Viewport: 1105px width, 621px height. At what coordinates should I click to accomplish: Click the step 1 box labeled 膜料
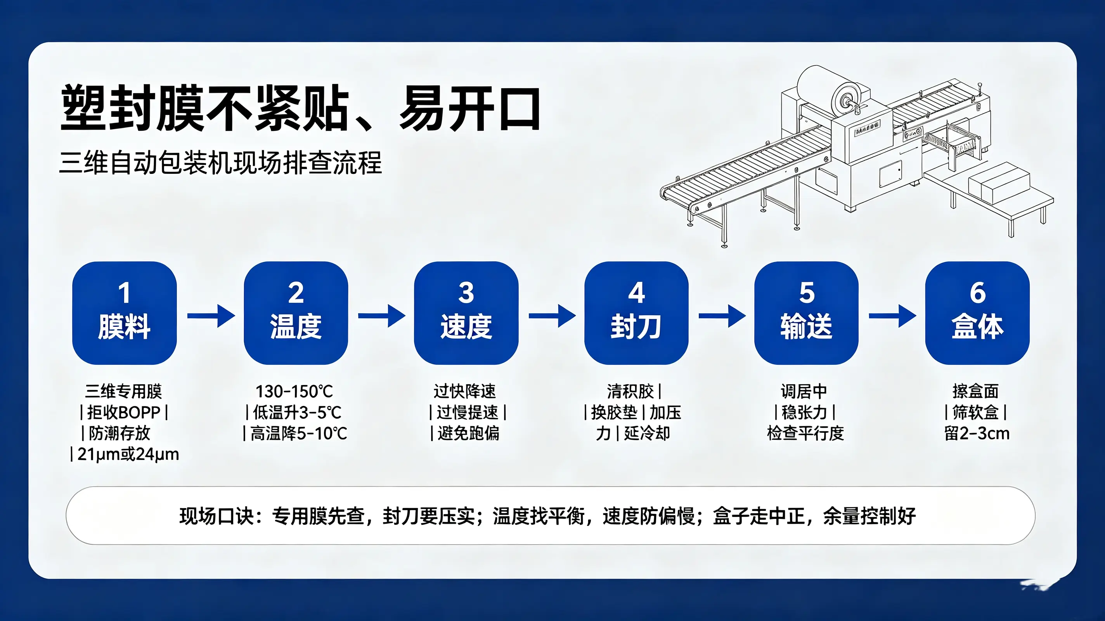(x=125, y=313)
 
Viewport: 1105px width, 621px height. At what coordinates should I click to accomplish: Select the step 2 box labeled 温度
(x=296, y=313)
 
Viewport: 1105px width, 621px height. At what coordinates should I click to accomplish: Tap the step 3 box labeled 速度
(x=466, y=313)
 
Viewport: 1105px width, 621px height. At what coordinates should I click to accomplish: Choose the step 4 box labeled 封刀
(x=636, y=313)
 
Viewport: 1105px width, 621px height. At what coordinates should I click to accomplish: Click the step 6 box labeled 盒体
(x=977, y=313)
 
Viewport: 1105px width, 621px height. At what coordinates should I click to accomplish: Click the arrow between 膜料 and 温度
(x=211, y=316)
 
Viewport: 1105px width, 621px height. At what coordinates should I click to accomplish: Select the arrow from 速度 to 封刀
(x=552, y=316)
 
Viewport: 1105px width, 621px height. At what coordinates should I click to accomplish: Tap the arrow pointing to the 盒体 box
(x=893, y=316)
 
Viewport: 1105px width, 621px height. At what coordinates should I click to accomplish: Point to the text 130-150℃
(x=294, y=391)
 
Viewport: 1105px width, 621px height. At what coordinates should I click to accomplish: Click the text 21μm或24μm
(x=128, y=454)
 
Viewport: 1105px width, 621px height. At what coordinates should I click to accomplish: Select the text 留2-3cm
(x=977, y=433)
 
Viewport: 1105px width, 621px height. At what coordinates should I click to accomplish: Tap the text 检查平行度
(x=805, y=433)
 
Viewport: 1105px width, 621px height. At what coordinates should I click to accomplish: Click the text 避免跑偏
(x=468, y=433)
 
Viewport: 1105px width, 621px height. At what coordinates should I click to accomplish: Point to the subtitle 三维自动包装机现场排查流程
(x=220, y=163)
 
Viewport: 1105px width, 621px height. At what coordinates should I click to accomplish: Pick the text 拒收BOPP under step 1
(x=123, y=413)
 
